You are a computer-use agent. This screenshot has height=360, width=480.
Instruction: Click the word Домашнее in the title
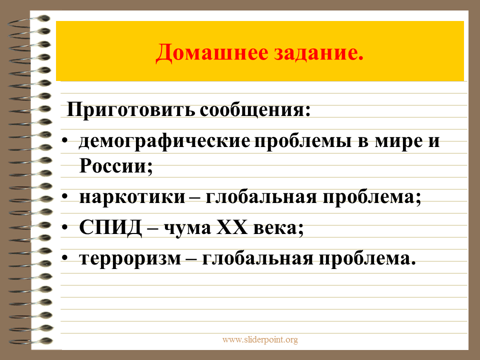coord(212,53)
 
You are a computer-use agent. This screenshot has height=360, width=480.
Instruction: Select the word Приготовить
coord(130,110)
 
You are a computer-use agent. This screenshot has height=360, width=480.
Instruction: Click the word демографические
coord(164,142)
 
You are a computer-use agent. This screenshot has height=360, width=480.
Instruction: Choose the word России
coord(115,165)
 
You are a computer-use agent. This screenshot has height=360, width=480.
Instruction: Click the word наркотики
coord(132,197)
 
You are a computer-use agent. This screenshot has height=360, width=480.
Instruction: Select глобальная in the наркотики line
coord(261,196)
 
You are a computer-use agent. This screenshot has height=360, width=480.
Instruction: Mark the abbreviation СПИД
coord(110,228)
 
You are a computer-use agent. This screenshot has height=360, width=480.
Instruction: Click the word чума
coord(187,228)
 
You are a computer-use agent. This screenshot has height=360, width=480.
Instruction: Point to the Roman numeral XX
coord(231,227)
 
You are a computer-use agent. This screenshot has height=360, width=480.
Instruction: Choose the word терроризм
coord(130,259)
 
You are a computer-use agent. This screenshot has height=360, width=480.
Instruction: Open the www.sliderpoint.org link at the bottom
coord(260,339)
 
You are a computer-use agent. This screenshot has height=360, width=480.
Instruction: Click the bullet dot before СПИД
coord(64,227)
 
